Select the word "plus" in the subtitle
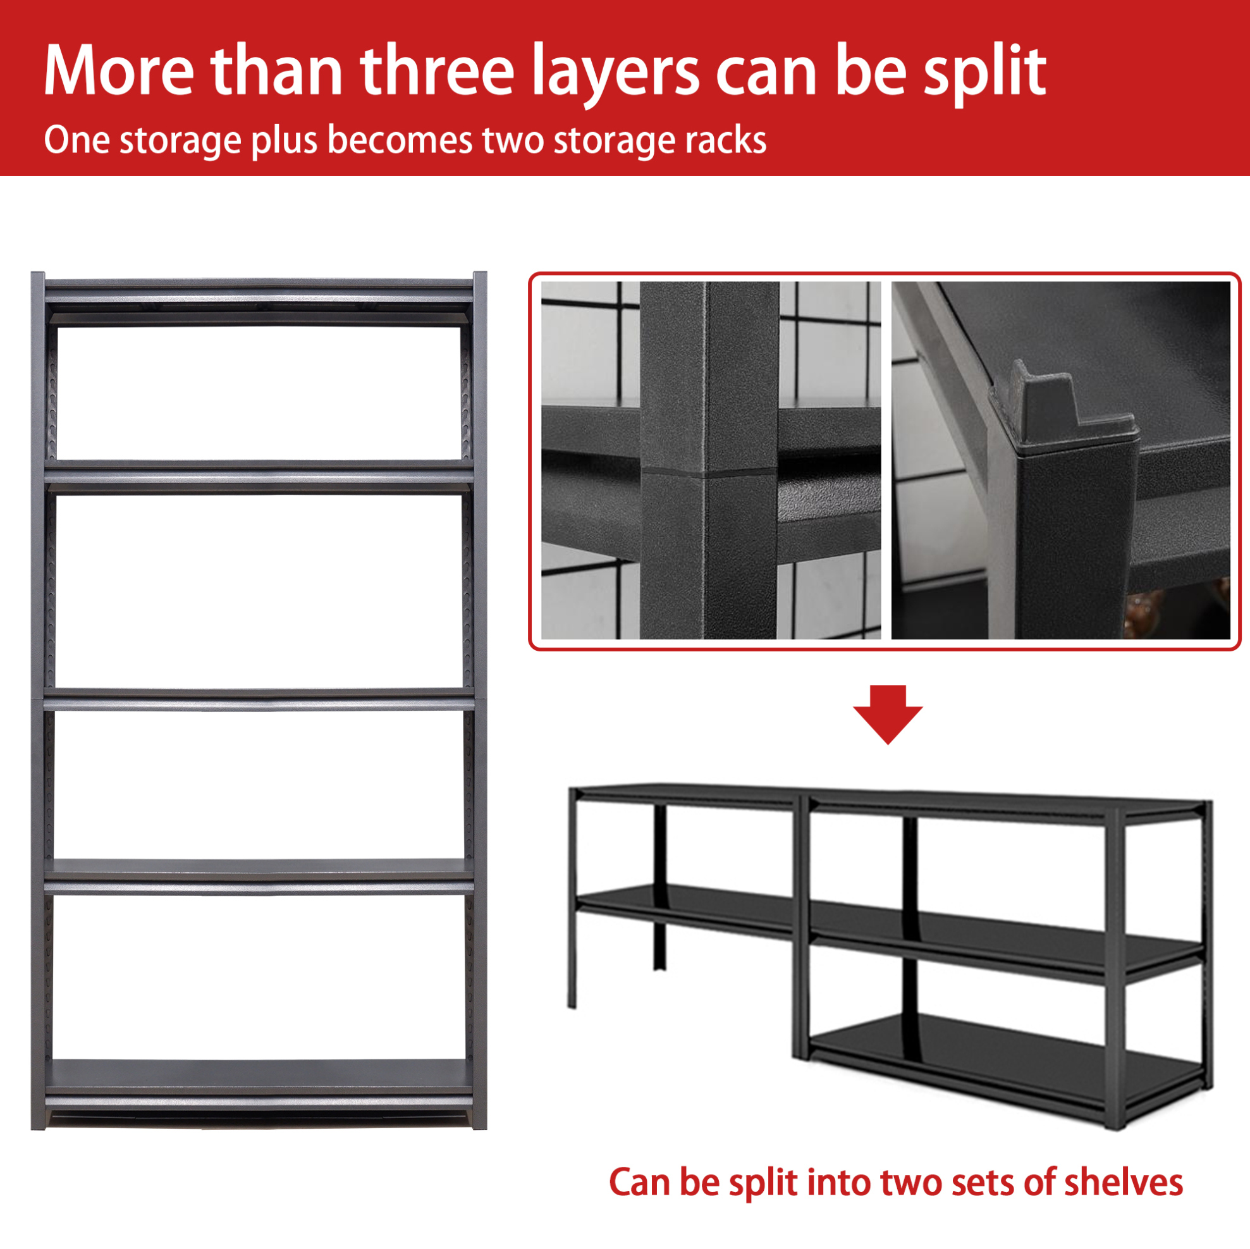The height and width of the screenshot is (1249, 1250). tap(284, 140)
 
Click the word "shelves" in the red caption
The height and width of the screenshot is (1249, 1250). tap(1123, 1183)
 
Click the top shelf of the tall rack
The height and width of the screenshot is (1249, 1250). tap(259, 291)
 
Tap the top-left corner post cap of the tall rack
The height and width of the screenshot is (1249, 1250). tap(38, 277)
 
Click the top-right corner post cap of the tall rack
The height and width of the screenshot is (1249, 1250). tap(479, 277)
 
